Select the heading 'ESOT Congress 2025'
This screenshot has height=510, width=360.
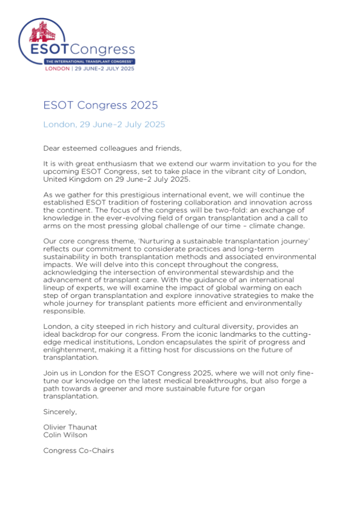click(101, 105)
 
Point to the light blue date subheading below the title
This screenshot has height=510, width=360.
click(104, 125)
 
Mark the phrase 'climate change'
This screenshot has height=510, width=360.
click(284, 213)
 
